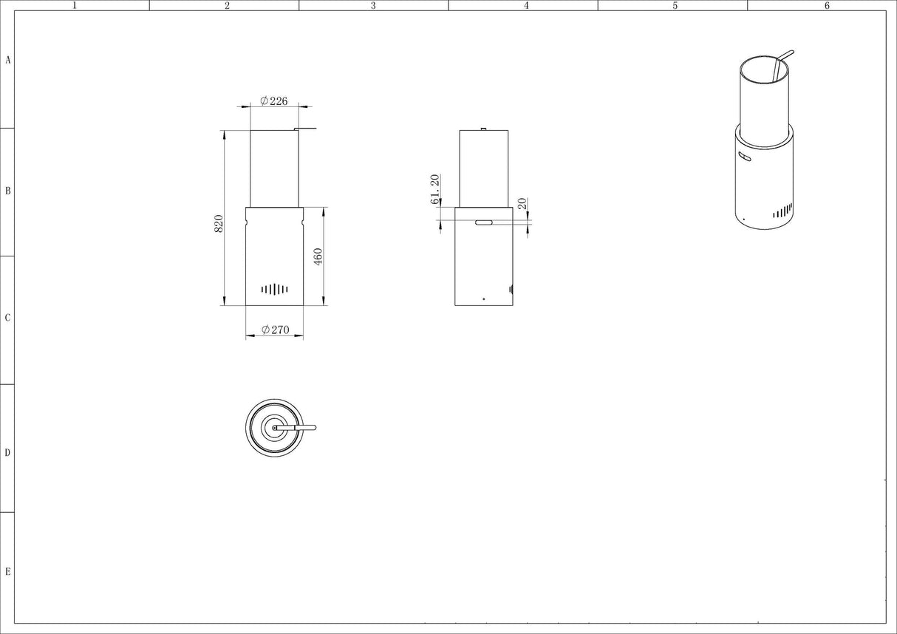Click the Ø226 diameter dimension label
(x=274, y=101)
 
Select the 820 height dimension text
(x=219, y=224)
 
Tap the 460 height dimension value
(x=318, y=256)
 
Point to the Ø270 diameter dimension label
(x=275, y=330)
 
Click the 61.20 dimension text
(x=435, y=189)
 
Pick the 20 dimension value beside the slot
(x=522, y=203)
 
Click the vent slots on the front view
(x=274, y=289)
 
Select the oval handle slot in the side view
(x=484, y=222)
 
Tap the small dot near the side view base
(x=484, y=299)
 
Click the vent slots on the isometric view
(x=782, y=211)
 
